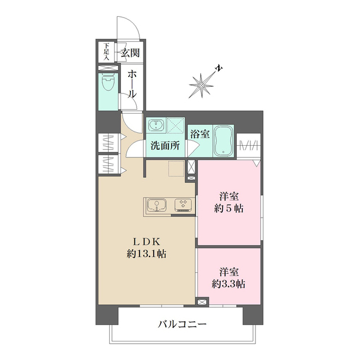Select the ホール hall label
pyautogui.click(x=131, y=83)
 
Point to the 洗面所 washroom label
pyautogui.click(x=164, y=146)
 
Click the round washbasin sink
pyautogui.click(x=155, y=124)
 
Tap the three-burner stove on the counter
pyautogui.click(x=183, y=205)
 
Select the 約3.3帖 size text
pyautogui.click(x=228, y=283)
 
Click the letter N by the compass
pyautogui.click(x=218, y=69)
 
